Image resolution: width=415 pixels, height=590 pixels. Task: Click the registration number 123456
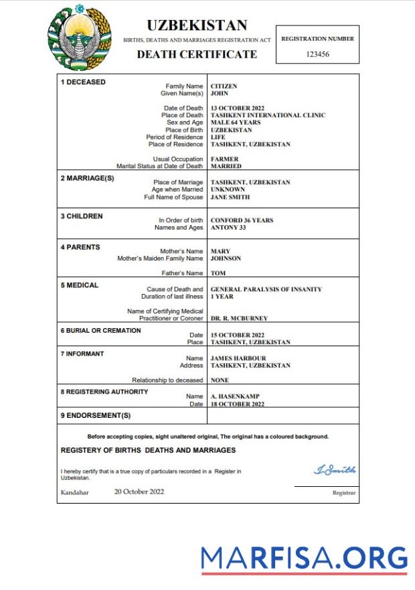pos(317,54)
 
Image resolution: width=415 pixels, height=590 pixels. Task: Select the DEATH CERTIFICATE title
pos(197,54)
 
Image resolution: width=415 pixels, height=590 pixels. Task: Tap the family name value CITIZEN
pos(224,86)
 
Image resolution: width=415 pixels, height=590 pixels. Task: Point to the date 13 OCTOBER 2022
pos(238,108)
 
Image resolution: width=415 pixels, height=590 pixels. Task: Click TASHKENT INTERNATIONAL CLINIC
pos(268,115)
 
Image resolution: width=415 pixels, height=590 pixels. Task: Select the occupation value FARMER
pos(225,159)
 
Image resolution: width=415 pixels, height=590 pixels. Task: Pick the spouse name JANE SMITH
pos(230,197)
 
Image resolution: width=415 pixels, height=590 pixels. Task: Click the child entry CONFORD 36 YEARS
pos(242,220)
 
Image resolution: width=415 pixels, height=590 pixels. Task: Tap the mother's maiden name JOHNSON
pos(226,258)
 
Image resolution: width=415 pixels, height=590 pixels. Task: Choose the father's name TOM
pos(218,273)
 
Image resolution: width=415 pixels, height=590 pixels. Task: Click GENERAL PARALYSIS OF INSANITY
pos(266,289)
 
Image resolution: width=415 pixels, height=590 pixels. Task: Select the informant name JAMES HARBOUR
pos(238,358)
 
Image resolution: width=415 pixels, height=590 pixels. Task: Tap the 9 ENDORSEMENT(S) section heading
pos(96,415)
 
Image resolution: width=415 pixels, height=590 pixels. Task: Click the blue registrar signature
pos(335,470)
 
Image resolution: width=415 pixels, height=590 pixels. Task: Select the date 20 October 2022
pos(139,492)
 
